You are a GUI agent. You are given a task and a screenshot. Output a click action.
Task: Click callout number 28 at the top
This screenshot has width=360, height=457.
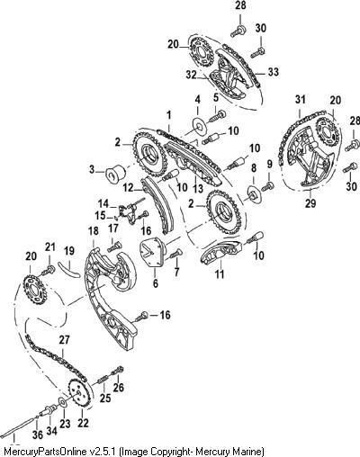point(240,6)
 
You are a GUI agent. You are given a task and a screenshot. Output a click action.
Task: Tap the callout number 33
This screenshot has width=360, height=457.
point(274,72)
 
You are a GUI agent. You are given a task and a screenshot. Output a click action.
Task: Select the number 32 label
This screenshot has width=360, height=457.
point(191,75)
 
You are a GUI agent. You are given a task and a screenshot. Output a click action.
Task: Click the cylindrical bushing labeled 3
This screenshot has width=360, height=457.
point(116,174)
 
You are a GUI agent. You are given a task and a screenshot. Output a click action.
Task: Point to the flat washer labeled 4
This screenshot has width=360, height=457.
point(199,125)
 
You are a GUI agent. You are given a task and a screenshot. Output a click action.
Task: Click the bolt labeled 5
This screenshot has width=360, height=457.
point(218,116)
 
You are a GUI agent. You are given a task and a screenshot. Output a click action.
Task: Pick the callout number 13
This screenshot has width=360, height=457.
point(198,188)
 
